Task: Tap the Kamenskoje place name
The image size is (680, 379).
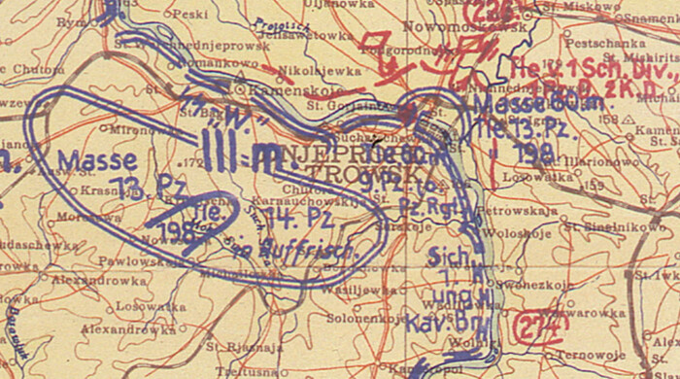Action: tap(283, 88)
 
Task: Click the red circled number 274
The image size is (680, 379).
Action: tap(540, 327)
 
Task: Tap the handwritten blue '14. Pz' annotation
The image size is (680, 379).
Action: tap(302, 216)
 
